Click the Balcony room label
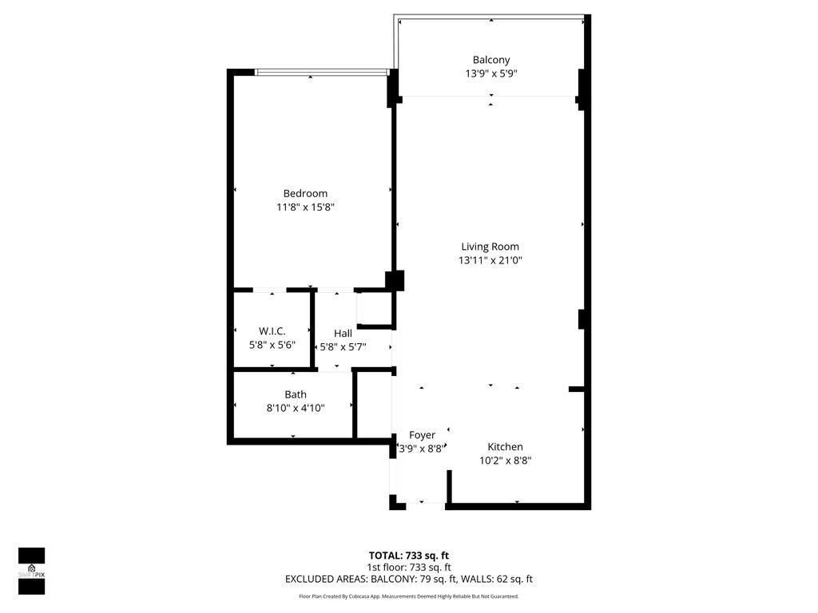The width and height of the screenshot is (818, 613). coord(490,60)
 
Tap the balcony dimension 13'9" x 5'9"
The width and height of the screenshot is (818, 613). coord(490,73)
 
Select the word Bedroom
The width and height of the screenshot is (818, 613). coord(305,193)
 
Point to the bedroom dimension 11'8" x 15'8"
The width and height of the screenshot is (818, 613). coord(305,207)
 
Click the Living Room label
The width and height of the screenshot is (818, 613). coord(490,247)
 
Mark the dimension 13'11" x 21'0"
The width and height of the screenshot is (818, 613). coord(490,260)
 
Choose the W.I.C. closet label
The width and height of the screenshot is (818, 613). coord(272,331)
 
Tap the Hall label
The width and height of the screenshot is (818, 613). coord(343,334)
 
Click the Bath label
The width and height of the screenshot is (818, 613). coord(296,394)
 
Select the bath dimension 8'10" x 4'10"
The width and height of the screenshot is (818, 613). coord(296,408)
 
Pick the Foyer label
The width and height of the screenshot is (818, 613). coord(422,435)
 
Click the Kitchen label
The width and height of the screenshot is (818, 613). coord(505,447)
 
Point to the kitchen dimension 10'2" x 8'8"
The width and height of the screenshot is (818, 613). coord(505,461)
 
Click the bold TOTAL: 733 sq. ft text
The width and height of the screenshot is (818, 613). coord(408,556)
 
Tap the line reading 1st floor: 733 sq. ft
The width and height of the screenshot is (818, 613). coord(408,568)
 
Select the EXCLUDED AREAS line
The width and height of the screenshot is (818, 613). coord(408,579)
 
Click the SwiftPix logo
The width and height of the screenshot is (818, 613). coord(32,571)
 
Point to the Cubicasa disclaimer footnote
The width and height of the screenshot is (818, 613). coord(408,596)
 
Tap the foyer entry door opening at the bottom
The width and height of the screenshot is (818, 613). coord(421,504)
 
